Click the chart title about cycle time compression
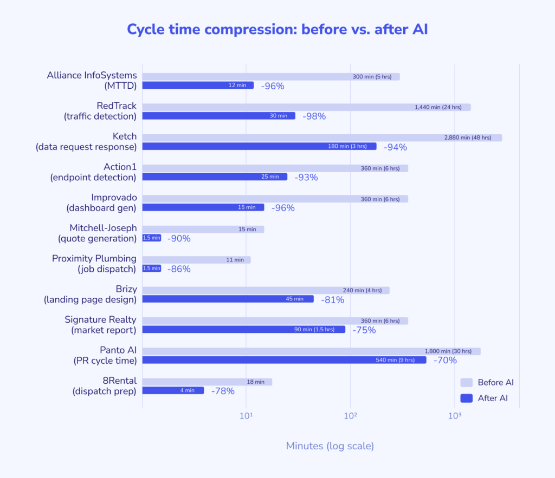coord(277,29)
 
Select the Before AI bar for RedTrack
coord(306,107)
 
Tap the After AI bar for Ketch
coord(259,146)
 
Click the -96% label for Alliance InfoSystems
coord(273,86)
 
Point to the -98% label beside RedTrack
coord(314,116)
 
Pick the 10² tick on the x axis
coord(350,416)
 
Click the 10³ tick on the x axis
coord(454,416)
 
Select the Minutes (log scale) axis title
coord(330,446)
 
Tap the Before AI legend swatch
coord(466,382)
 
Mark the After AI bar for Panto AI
coord(284,360)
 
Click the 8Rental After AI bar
coord(173,390)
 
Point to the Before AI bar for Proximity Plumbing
coord(196,260)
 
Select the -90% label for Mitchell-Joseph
coord(179,238)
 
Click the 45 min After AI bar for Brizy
coord(228,299)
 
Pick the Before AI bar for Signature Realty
coord(275,321)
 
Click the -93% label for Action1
coord(306,177)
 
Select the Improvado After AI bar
coord(203,207)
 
